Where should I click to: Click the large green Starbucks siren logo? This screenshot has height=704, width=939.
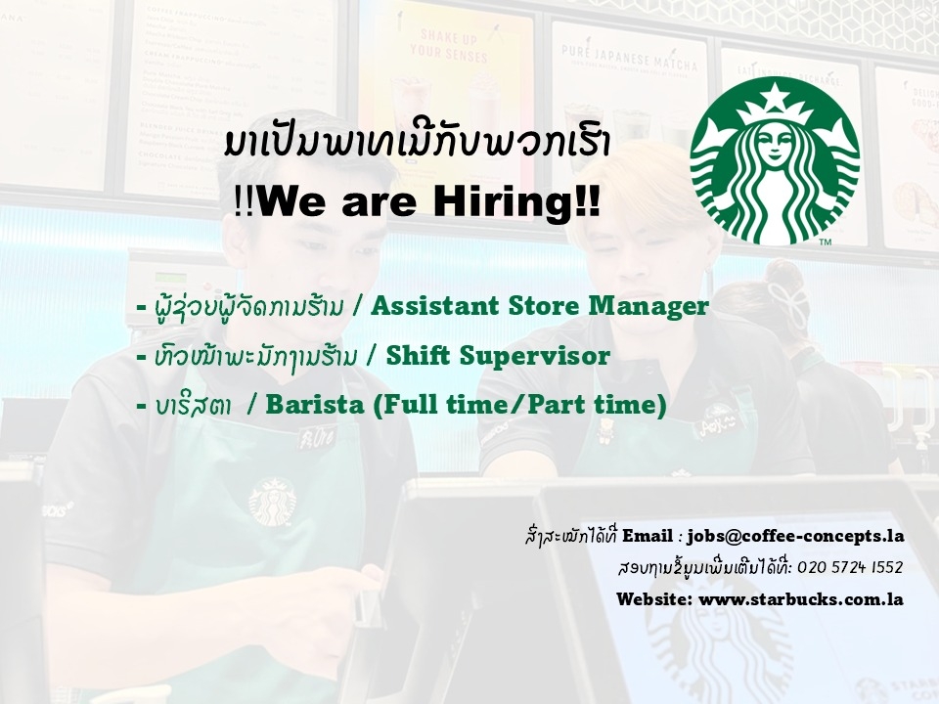click(775, 160)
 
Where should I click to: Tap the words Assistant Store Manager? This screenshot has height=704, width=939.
click(540, 306)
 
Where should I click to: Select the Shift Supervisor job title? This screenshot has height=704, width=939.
click(498, 356)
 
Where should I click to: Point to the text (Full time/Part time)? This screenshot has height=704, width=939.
click(519, 405)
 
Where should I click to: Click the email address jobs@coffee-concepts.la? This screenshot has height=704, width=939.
click(795, 536)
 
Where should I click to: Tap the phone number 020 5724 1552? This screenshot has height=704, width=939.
click(850, 567)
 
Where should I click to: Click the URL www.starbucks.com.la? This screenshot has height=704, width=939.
click(801, 598)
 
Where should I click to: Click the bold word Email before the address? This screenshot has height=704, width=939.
click(648, 536)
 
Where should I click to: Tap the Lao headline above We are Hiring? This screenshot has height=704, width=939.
click(418, 145)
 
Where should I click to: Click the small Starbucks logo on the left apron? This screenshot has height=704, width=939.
click(273, 502)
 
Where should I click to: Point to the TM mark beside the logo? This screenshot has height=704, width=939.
click(825, 242)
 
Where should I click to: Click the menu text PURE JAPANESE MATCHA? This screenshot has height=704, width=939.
click(630, 58)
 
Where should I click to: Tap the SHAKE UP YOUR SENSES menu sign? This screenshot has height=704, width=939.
click(449, 47)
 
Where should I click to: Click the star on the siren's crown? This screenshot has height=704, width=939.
click(775, 95)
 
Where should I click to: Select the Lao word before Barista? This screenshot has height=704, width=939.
click(193, 406)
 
